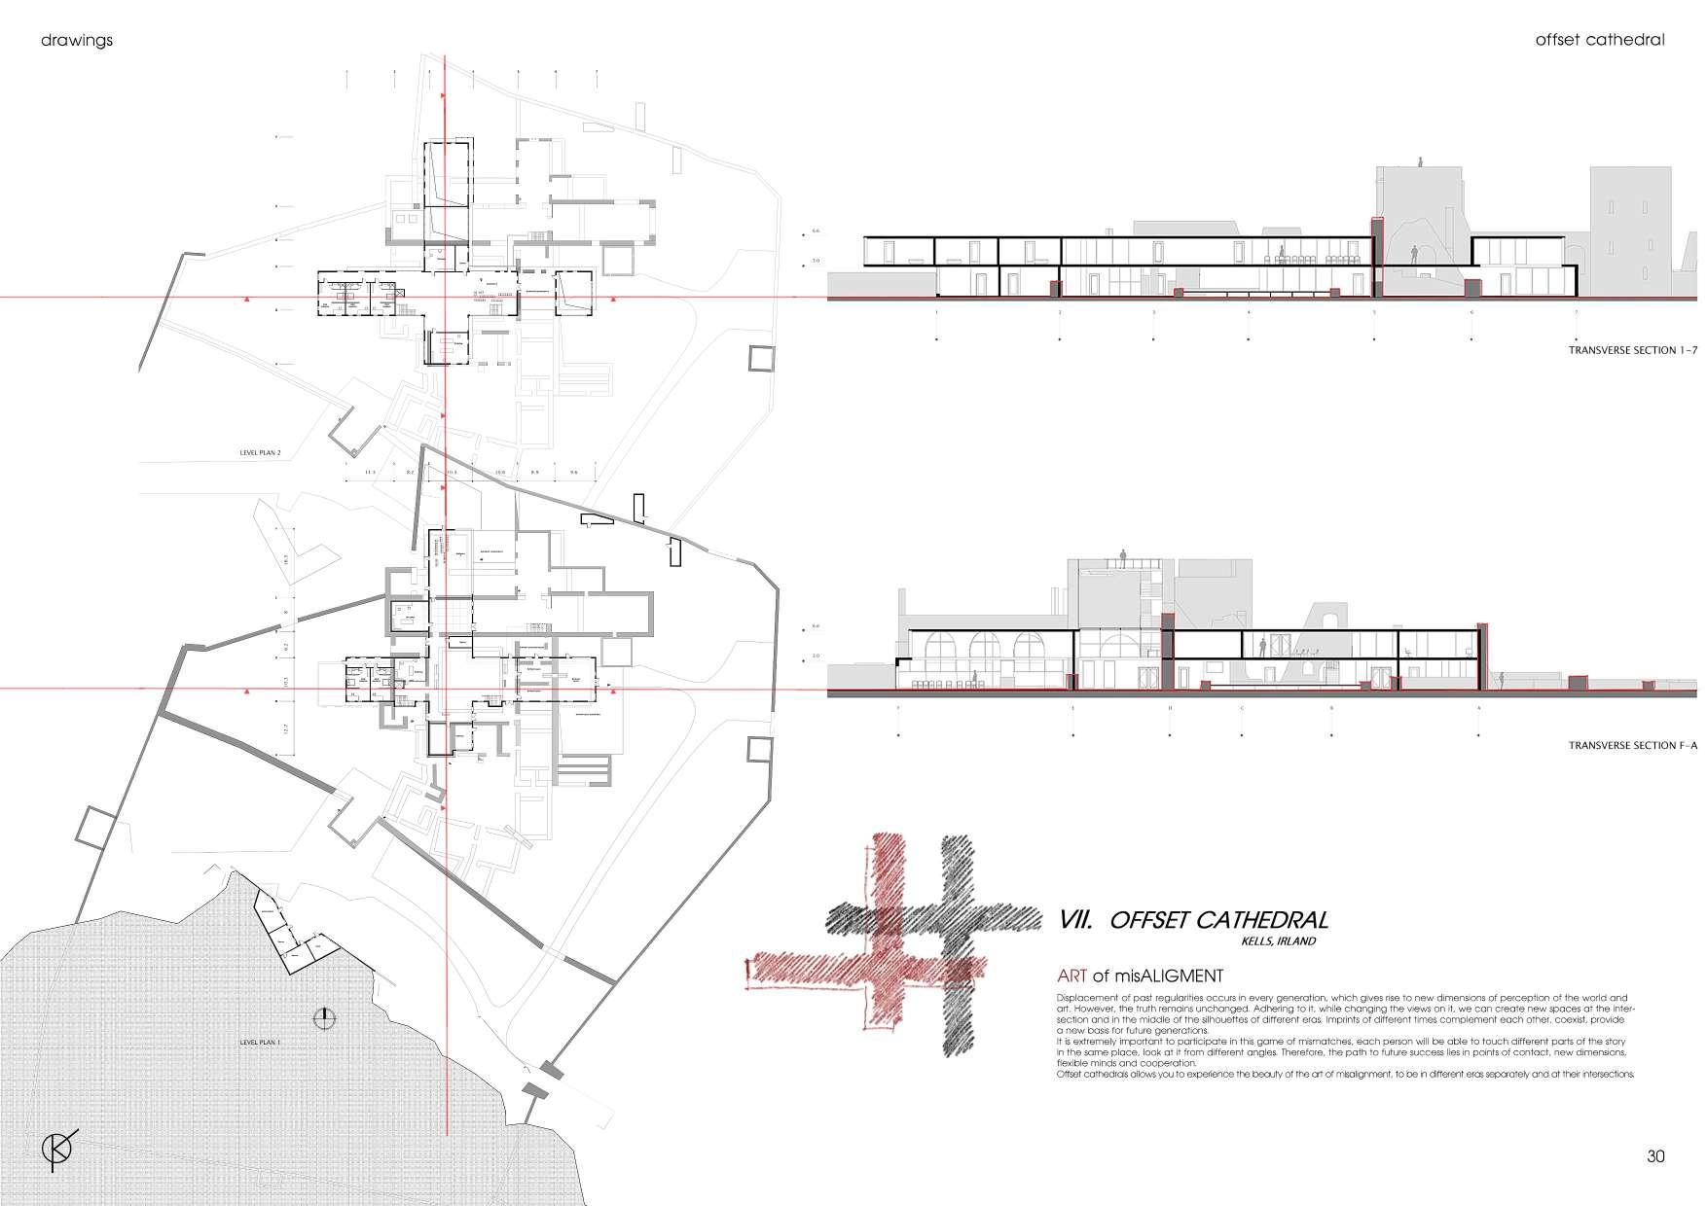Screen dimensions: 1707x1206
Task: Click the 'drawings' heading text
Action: [77, 41]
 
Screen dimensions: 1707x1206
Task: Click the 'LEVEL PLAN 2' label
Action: [260, 453]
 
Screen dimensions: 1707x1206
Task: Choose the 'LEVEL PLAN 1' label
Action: [260, 1042]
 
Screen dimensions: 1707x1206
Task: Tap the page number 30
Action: [1655, 1157]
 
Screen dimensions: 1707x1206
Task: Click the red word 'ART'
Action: [1071, 975]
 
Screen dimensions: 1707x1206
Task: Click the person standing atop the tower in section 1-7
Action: [1420, 163]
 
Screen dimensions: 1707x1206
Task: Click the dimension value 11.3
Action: [369, 473]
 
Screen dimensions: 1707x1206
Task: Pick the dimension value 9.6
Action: [573, 473]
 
